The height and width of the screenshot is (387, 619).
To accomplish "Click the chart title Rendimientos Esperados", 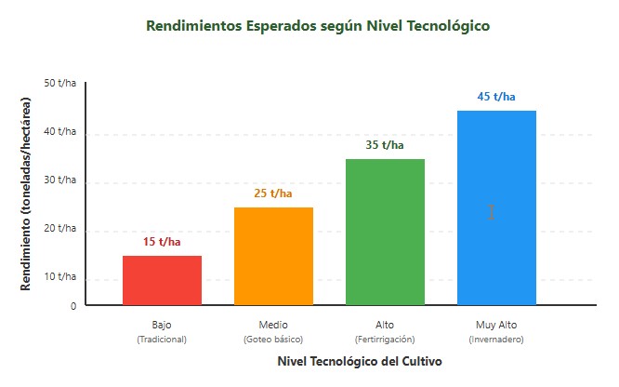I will [x=318, y=26].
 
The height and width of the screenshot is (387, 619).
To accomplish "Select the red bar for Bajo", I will [x=162, y=280].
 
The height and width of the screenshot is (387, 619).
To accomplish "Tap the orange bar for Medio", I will [x=273, y=256].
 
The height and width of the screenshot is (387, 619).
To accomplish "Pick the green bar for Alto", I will [x=385, y=232].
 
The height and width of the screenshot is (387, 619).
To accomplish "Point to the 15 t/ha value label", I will [x=162, y=242].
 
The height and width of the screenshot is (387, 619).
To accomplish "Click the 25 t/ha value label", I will [x=273, y=193].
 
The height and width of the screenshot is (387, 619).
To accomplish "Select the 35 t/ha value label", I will [x=385, y=145].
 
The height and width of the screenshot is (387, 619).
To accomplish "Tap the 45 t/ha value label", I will [x=496, y=97].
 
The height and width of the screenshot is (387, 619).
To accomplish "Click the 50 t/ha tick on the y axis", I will [x=60, y=83].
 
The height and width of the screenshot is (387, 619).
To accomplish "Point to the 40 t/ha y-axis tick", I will [x=60, y=131].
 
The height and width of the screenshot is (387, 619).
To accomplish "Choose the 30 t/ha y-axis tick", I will [x=60, y=180].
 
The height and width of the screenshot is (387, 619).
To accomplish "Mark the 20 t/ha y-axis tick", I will [x=60, y=228].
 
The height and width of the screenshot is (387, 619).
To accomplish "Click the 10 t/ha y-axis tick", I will [x=60, y=276].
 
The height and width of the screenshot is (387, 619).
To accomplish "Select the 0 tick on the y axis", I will [x=73, y=304].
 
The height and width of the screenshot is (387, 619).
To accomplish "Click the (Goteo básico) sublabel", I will [x=273, y=340].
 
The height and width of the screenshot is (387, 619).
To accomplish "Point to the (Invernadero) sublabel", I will [x=496, y=340].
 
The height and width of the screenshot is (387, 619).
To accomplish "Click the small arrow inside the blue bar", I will [x=491, y=212].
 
